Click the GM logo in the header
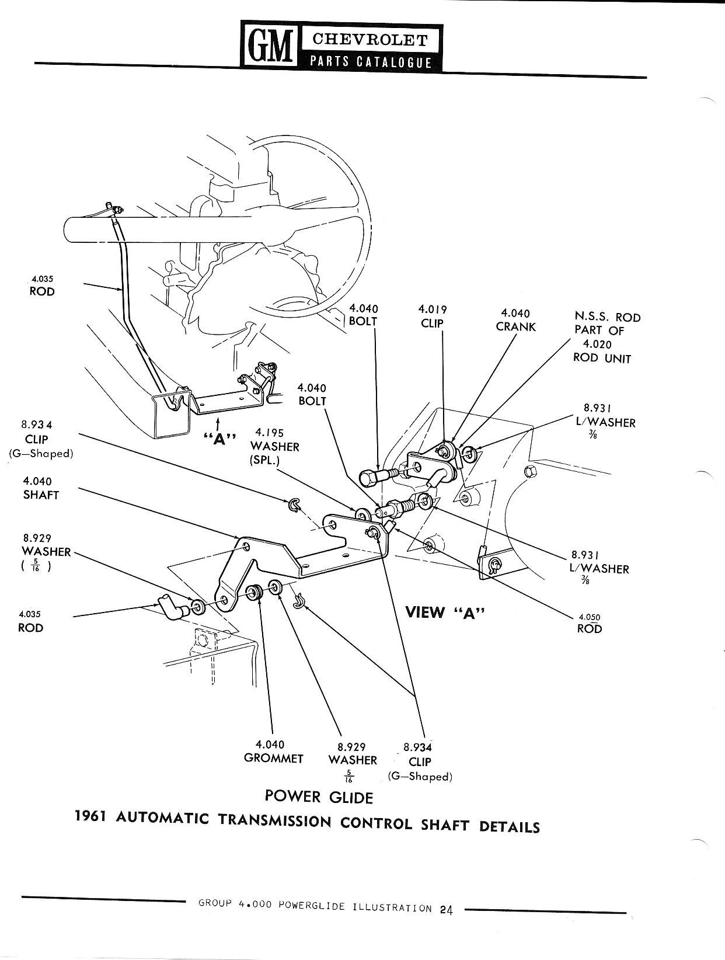[270, 46]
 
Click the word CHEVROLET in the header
[370, 39]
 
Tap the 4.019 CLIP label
[432, 316]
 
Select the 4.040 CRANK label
[515, 320]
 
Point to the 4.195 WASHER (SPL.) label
[274, 446]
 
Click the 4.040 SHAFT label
[41, 488]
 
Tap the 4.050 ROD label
[589, 623]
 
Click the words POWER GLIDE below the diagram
[318, 796]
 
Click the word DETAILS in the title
[509, 826]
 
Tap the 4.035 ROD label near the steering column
[42, 286]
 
